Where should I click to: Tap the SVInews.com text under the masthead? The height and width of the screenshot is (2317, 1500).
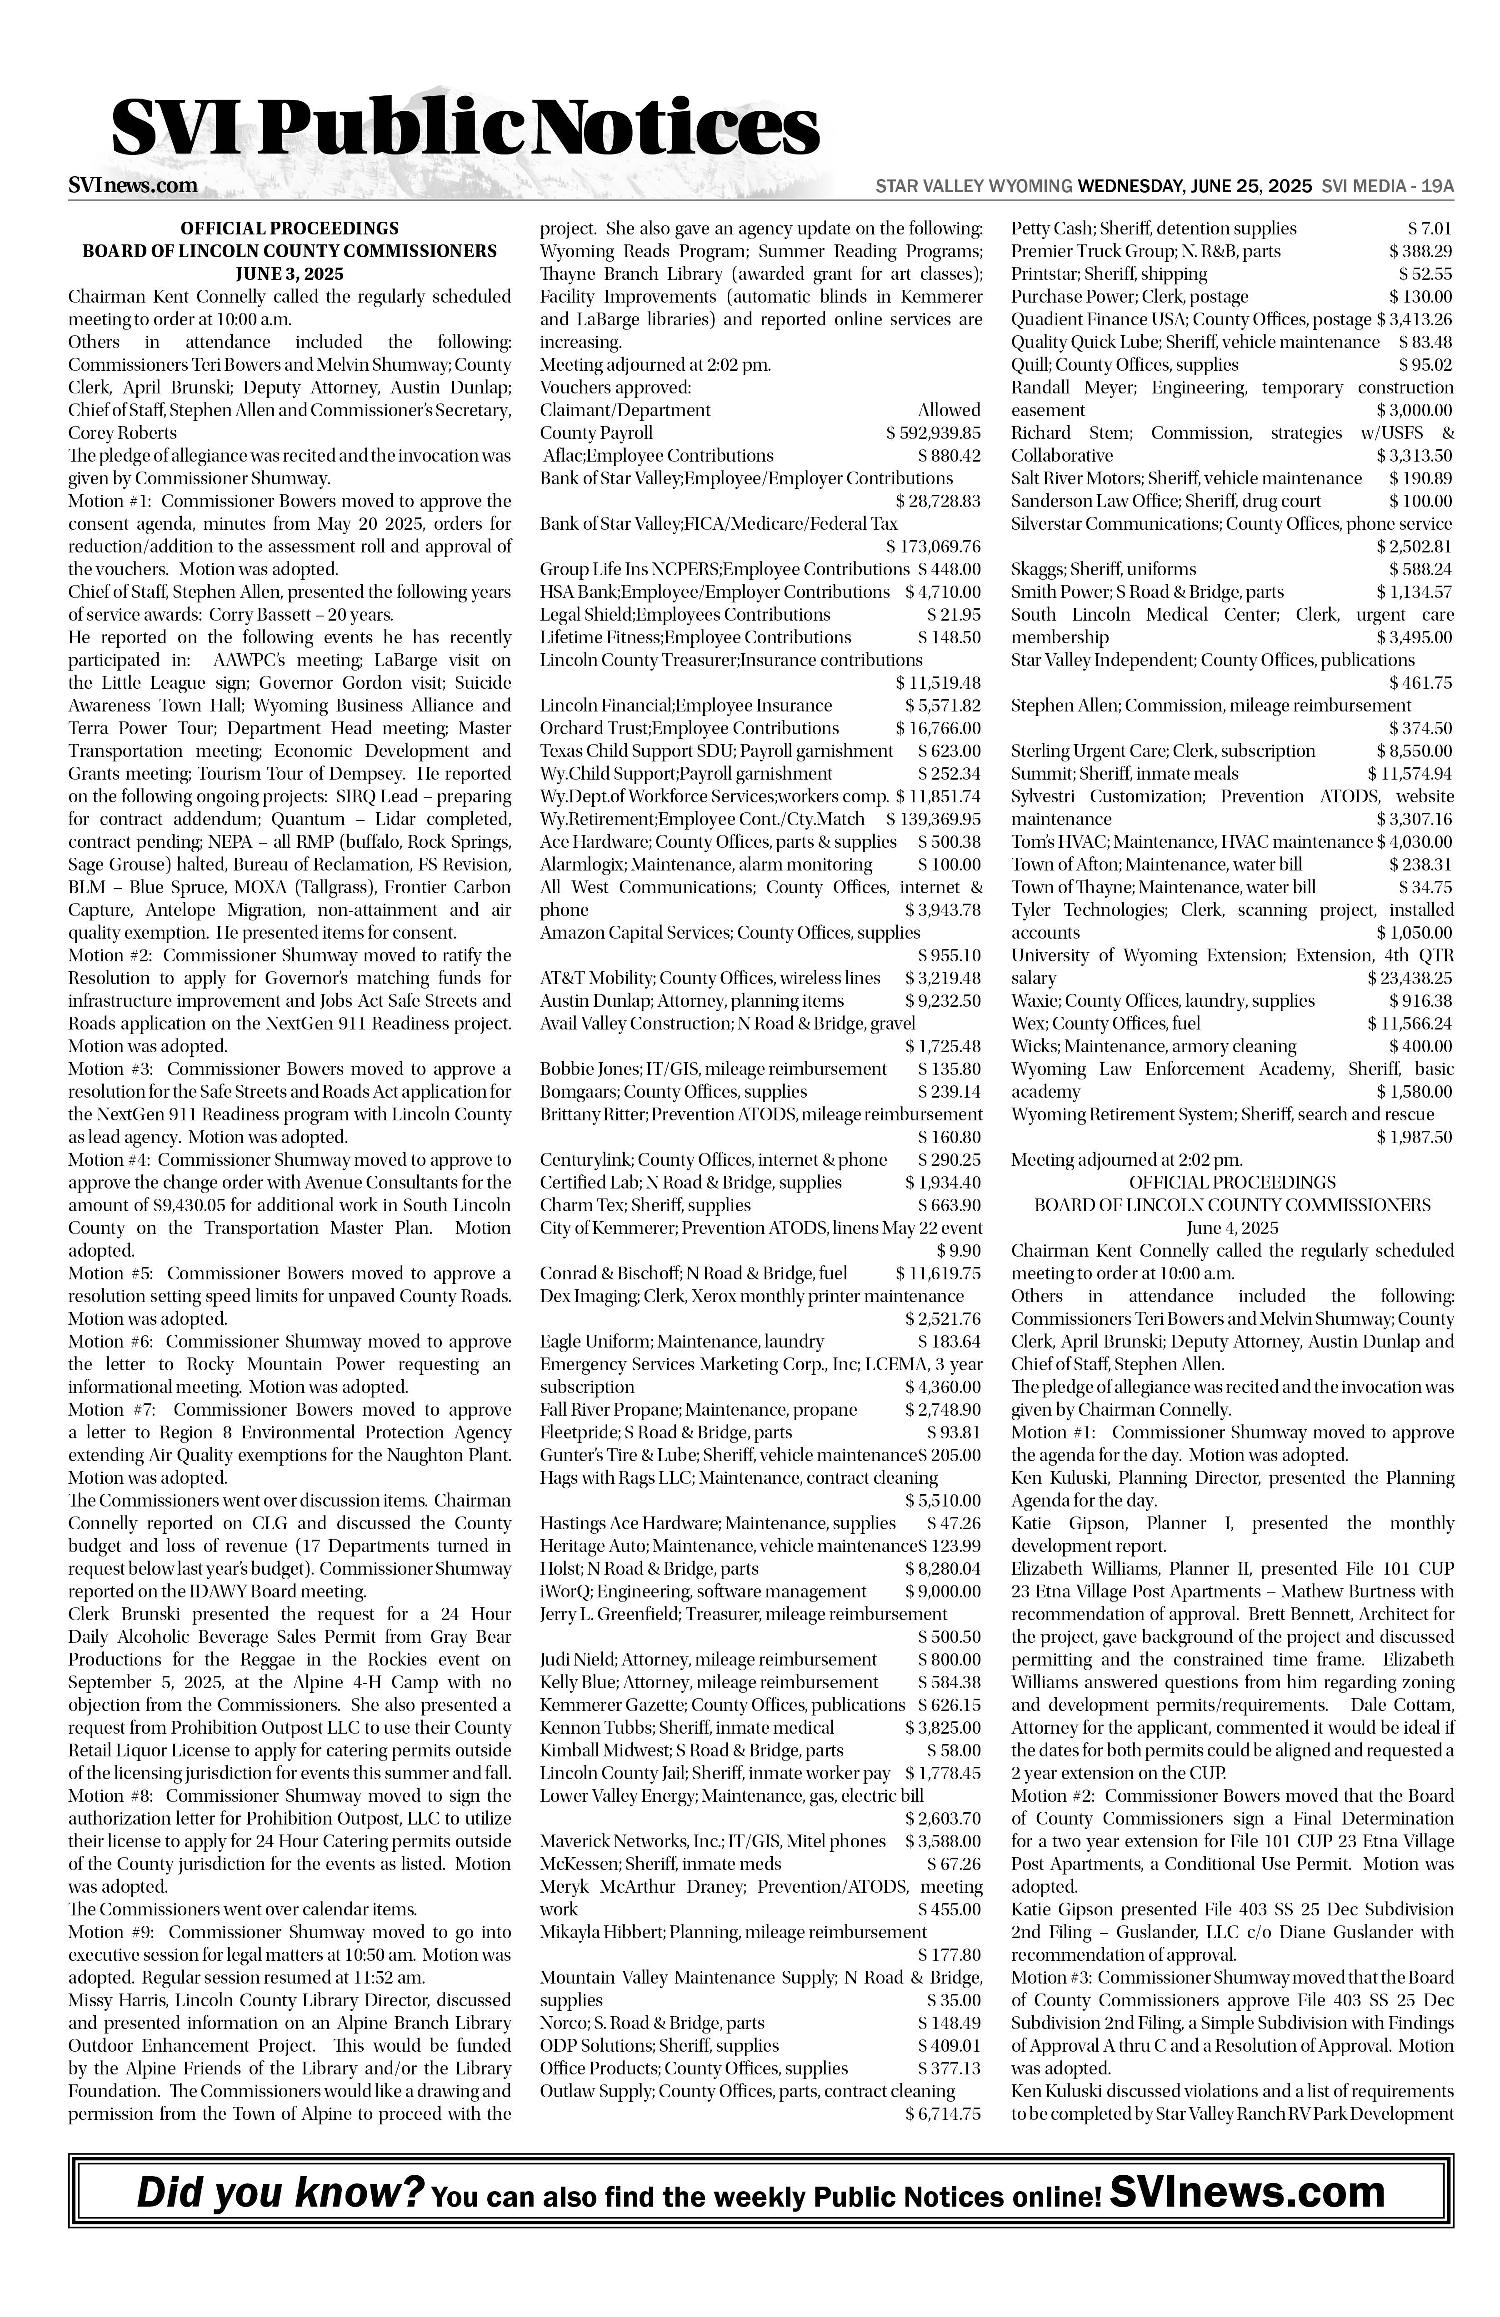click(x=134, y=185)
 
